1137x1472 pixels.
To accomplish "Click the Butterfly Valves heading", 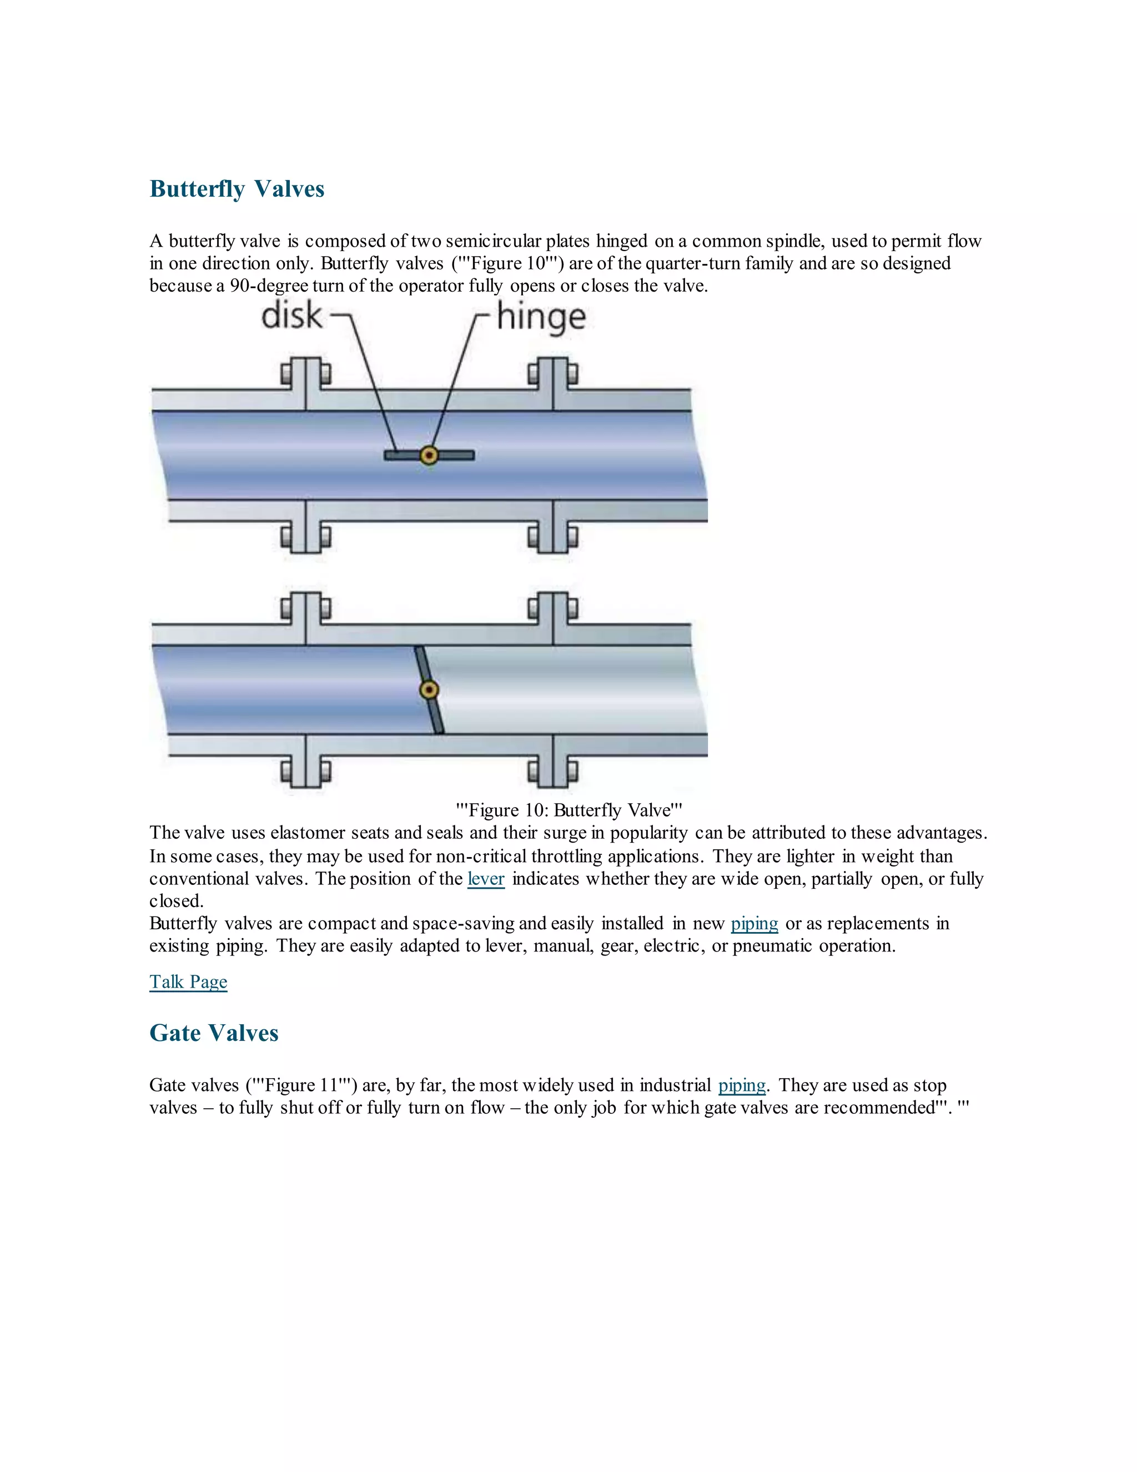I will coord(237,189).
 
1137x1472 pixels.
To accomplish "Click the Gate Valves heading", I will coord(214,1033).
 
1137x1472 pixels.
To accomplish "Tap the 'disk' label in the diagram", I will coord(291,316).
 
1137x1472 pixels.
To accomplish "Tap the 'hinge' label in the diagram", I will coord(541,317).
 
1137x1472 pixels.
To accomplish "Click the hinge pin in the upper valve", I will coord(429,455).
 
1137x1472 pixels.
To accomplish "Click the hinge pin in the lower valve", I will coord(429,690).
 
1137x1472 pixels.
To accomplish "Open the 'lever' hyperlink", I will coord(486,879).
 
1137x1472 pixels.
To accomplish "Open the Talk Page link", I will coord(188,982).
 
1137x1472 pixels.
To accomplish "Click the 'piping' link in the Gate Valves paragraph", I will coord(742,1085).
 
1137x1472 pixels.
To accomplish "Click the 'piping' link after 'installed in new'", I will coord(754,923).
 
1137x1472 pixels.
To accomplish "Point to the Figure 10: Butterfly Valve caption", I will coord(568,810).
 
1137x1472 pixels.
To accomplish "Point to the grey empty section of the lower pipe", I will coord(566,690).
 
